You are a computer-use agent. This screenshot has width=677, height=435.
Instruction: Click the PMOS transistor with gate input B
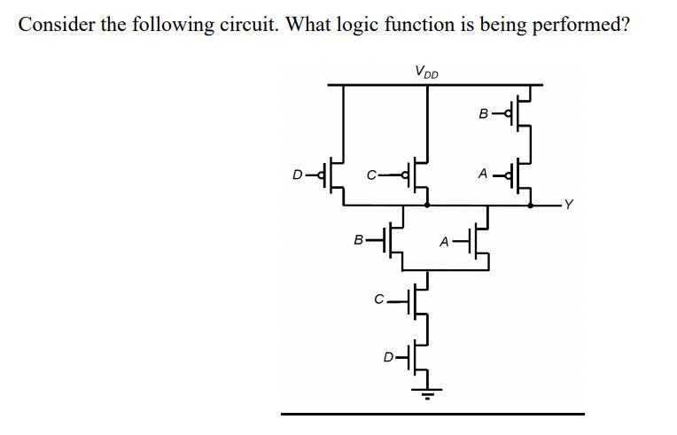tap(522, 113)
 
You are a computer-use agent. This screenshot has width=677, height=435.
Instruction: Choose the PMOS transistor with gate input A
tap(522, 175)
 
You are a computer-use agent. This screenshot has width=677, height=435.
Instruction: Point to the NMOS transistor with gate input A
tap(480, 238)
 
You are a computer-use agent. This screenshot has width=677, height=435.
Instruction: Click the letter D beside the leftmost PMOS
tap(298, 175)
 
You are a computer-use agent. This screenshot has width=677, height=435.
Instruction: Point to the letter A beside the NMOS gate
tap(447, 239)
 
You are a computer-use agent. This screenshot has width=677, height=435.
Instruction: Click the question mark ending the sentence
tap(626, 24)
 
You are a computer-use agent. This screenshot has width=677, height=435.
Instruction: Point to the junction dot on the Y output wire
tap(531, 206)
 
